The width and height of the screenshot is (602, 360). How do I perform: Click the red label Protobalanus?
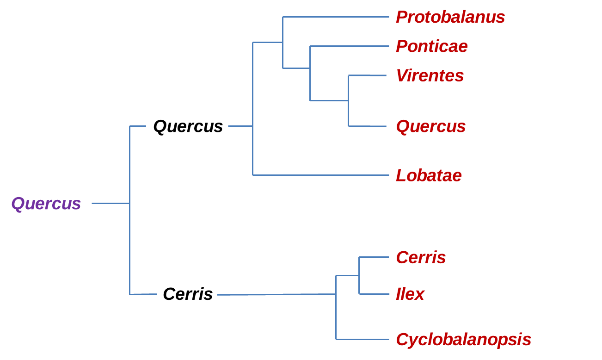(x=450, y=17)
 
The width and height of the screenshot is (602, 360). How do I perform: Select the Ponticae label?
(x=431, y=46)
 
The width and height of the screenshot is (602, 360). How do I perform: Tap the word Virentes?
(x=430, y=75)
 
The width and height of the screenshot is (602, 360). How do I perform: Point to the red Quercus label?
(x=430, y=126)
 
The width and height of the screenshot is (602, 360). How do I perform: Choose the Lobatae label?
(x=429, y=175)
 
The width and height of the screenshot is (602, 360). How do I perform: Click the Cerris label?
(x=421, y=257)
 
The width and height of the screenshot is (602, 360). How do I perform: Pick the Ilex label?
(x=410, y=294)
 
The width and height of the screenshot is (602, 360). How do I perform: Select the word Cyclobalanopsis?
(x=463, y=340)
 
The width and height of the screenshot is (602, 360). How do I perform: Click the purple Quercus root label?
(x=46, y=204)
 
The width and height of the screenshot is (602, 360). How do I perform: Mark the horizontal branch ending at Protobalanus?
(x=336, y=17)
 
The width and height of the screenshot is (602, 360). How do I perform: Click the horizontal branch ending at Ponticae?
(x=349, y=46)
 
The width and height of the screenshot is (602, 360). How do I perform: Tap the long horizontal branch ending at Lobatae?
(x=321, y=175)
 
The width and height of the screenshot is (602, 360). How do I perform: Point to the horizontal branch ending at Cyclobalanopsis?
(x=362, y=339)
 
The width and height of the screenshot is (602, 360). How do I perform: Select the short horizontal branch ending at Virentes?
(x=367, y=75)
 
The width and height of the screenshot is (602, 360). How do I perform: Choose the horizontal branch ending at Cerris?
(x=374, y=257)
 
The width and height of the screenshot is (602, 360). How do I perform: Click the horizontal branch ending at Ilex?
(x=374, y=294)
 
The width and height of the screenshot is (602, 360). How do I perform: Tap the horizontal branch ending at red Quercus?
(x=367, y=126)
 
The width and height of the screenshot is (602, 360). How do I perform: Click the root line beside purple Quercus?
(x=111, y=203)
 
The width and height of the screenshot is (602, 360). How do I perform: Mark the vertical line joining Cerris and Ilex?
(x=359, y=275)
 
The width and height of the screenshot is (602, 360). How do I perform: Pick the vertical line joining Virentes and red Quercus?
(x=348, y=101)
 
